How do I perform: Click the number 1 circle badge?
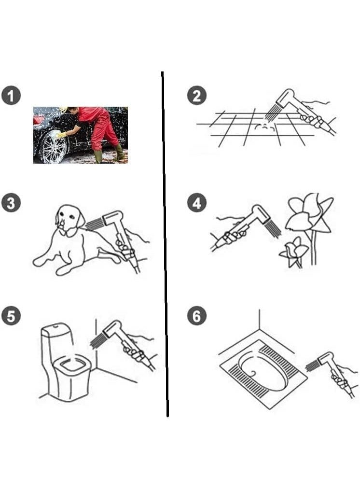point(11,96)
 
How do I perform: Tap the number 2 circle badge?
point(197,96)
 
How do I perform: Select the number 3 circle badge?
point(11,203)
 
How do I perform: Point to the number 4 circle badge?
point(197,203)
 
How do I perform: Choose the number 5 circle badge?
point(11,316)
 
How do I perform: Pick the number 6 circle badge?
point(197,316)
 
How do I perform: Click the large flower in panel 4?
point(308,213)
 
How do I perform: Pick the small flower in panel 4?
point(293,251)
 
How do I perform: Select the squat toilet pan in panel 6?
point(263,373)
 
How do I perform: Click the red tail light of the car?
point(39,119)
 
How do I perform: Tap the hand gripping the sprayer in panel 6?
point(341,379)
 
